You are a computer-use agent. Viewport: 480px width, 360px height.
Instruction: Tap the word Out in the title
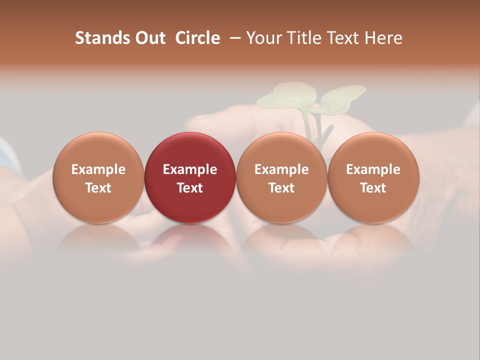(149, 38)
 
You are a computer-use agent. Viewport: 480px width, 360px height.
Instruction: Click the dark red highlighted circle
(190, 177)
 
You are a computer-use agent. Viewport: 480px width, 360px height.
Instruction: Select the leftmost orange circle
(98, 177)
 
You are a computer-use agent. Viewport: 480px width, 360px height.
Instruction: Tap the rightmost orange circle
(373, 177)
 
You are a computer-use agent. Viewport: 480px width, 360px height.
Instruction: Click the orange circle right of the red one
(281, 177)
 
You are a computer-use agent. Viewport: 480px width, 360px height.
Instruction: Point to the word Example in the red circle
(190, 169)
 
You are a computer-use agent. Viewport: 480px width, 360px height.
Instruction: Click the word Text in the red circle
(190, 188)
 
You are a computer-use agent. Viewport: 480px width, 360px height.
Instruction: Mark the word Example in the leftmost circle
(98, 169)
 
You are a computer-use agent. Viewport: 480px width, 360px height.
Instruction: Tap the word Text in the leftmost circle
(98, 188)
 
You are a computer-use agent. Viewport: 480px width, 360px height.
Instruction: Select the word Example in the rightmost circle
(373, 169)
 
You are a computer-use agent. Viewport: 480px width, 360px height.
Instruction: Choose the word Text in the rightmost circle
(373, 188)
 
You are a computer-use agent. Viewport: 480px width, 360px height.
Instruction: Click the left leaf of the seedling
(287, 96)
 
